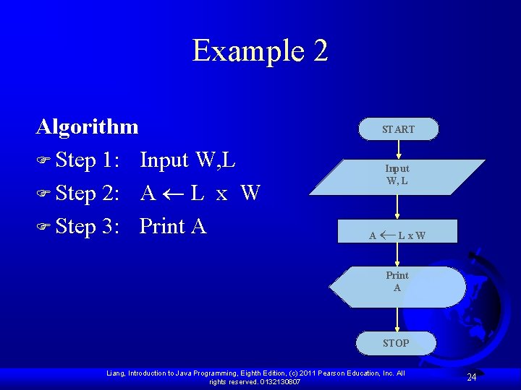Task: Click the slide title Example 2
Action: pos(260,51)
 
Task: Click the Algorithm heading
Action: pos(87,127)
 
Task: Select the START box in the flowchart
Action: pos(398,129)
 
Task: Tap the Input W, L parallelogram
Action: pos(397,175)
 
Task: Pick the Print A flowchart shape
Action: pos(397,282)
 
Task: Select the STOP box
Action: pos(396,343)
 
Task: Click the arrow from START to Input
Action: pos(398,149)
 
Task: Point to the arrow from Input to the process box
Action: pos(397,206)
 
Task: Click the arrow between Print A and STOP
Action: pos(397,319)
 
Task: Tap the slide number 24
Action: pos(471,377)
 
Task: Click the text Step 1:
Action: pos(87,160)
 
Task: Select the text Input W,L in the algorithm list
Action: pos(187,160)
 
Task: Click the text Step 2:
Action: pos(87,194)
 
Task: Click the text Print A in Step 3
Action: pos(173,227)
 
